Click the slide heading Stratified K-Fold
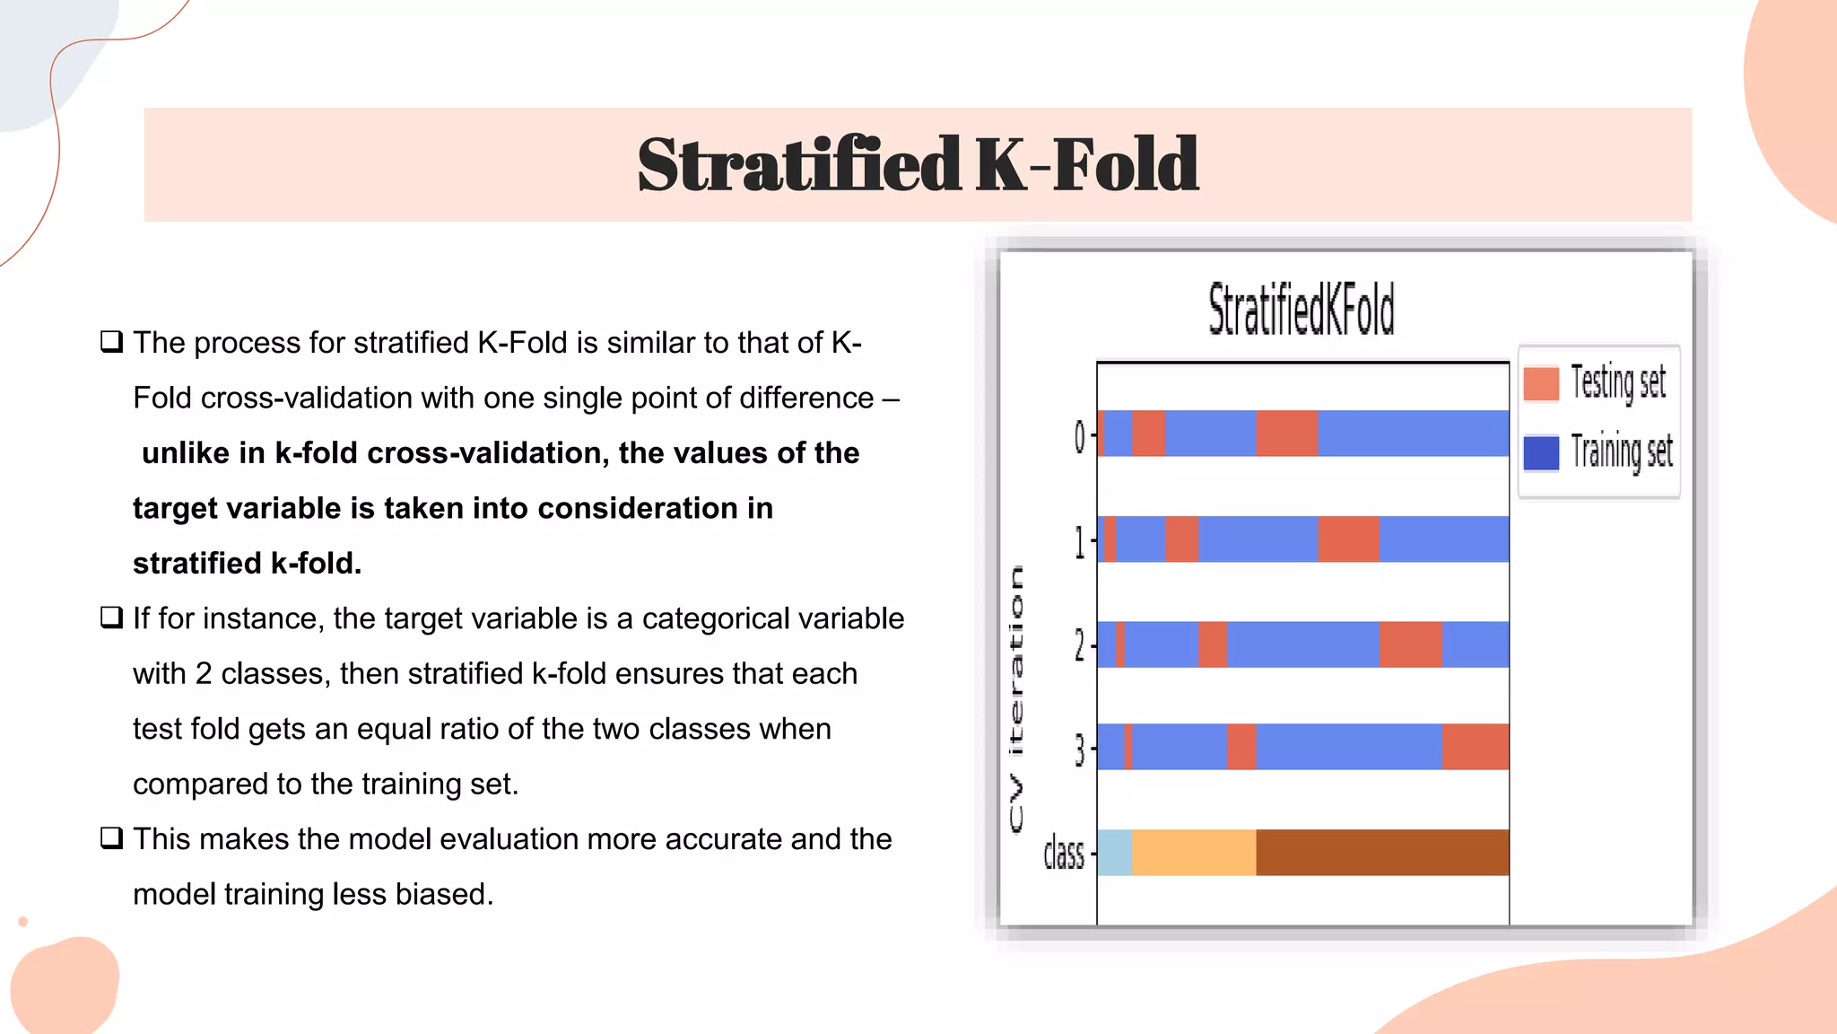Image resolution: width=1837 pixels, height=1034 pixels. click(x=918, y=165)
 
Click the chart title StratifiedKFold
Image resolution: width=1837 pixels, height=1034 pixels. click(x=1301, y=310)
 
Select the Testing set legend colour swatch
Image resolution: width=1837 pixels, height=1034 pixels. click(x=1541, y=383)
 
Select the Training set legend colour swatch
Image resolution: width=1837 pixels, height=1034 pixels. click(x=1541, y=452)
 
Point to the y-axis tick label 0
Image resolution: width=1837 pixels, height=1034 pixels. click(x=1080, y=437)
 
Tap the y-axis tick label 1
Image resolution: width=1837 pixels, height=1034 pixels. click(x=1080, y=541)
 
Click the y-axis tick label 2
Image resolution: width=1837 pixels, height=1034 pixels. click(x=1080, y=645)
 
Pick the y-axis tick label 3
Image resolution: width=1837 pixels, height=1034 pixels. click(x=1080, y=749)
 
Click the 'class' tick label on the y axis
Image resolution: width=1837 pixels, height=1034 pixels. click(x=1064, y=854)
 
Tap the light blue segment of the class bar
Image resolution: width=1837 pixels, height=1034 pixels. click(x=1115, y=853)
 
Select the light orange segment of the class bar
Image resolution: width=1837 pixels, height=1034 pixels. click(x=1194, y=853)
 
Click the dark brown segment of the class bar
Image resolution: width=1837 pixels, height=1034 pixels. click(x=1382, y=853)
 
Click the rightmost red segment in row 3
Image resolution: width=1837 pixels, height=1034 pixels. click(x=1476, y=747)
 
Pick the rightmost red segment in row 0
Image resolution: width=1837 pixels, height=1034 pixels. click(x=1287, y=434)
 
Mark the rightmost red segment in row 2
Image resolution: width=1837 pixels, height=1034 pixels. click(x=1411, y=644)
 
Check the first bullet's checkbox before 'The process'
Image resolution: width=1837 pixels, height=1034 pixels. click(x=111, y=342)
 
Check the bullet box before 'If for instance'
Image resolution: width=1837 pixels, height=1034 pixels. click(x=111, y=618)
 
